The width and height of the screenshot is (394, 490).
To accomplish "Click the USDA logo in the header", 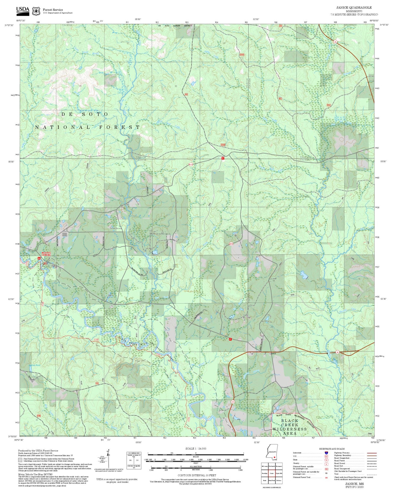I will click(x=23, y=10).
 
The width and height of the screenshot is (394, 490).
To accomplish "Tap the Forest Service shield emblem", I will click(x=36, y=11).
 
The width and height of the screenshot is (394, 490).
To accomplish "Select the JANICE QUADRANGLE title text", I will click(x=354, y=7).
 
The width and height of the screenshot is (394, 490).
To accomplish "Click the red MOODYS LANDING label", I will click(x=46, y=254).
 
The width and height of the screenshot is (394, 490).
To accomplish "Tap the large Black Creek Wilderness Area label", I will click(x=290, y=427).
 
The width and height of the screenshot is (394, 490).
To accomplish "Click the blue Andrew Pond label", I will click(x=34, y=365).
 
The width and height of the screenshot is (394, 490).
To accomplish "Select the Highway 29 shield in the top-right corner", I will click(x=335, y=42).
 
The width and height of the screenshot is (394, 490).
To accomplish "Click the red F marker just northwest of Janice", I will click(x=230, y=339).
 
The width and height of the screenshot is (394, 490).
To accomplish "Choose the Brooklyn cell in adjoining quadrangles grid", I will click(x=264, y=473).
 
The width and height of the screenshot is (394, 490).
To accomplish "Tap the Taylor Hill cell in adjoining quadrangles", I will click(x=279, y=473).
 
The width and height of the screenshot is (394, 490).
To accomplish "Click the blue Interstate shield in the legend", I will click(x=326, y=453).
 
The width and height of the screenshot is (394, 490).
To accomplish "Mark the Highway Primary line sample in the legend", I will click(x=372, y=453).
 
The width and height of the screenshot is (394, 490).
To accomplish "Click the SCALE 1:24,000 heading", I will click(x=196, y=448).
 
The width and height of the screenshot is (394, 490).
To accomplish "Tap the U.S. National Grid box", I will click(x=134, y=461).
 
